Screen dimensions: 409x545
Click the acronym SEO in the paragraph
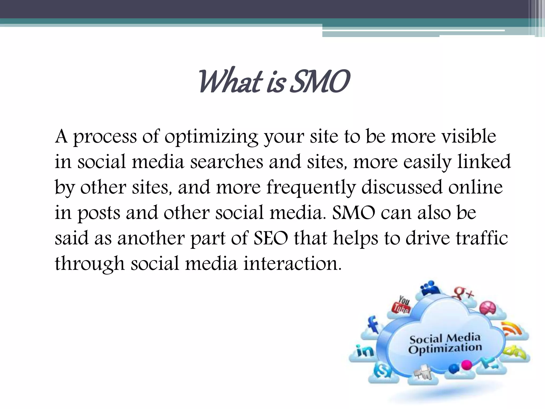[271, 238]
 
